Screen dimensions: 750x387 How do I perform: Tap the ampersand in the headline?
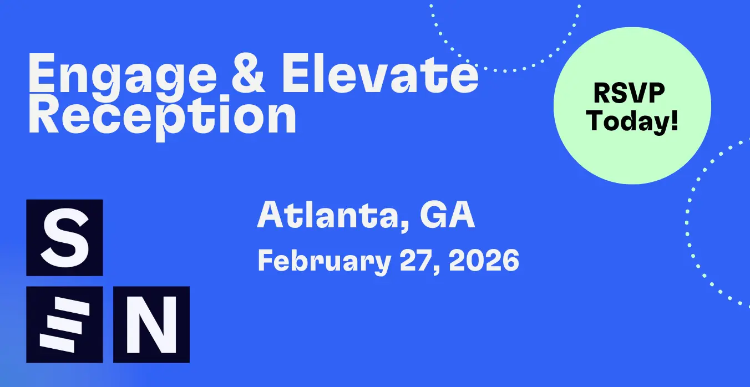tap(249, 73)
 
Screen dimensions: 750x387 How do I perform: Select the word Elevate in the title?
tap(379, 73)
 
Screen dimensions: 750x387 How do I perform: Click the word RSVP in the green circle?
tap(629, 93)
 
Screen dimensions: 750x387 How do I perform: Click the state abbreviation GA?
tap(447, 215)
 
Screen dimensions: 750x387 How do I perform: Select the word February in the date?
tap(324, 262)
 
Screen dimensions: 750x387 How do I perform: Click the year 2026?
tap(484, 260)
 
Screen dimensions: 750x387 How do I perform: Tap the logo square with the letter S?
tap(64, 238)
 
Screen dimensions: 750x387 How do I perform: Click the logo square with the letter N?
tap(151, 324)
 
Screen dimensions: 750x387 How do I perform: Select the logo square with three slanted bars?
tap(64, 324)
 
